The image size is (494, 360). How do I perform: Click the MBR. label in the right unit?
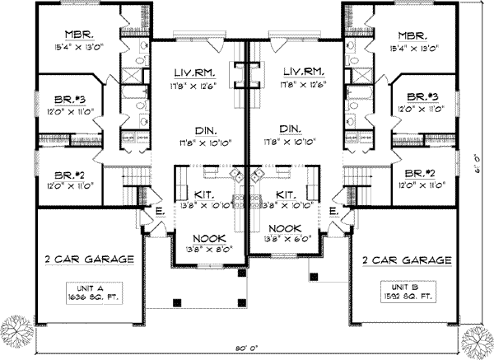(414, 35)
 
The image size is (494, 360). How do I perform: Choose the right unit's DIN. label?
(290, 129)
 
